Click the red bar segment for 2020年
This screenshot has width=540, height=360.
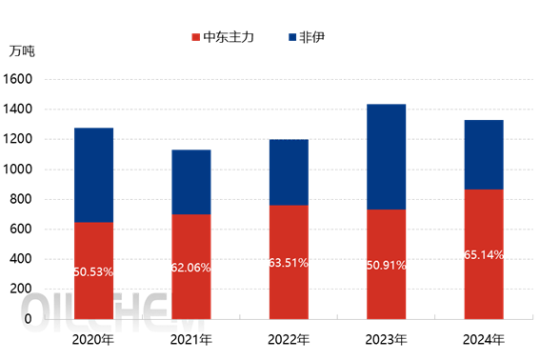click(x=93, y=270)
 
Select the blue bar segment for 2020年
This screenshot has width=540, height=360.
click(x=93, y=174)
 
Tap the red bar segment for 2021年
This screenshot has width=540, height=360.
click(x=190, y=267)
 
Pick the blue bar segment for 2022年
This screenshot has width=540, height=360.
click(x=289, y=172)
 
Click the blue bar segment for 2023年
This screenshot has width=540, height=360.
click(x=386, y=156)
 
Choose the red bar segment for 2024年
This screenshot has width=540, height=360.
click(x=484, y=253)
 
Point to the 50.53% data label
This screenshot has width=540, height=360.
click(x=93, y=271)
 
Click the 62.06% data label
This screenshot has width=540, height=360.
click(x=190, y=268)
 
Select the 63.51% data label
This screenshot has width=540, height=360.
click(x=289, y=263)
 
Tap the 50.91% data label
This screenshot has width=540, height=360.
click(x=386, y=265)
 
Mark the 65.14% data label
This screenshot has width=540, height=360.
click(x=484, y=255)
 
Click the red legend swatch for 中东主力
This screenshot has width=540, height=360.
click(x=195, y=37)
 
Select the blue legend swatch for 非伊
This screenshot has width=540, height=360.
click(x=290, y=37)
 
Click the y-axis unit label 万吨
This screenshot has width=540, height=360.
click(x=22, y=50)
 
